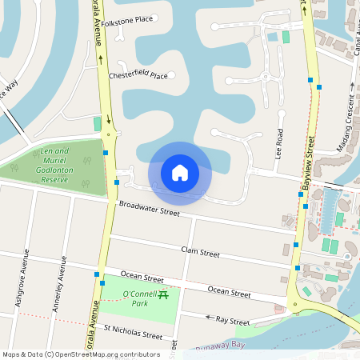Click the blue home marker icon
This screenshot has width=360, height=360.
[x=180, y=173]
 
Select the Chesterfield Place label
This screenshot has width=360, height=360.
[x=138, y=76]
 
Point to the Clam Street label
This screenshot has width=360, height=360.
[x=201, y=253]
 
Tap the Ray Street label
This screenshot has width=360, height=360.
[x=234, y=319]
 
